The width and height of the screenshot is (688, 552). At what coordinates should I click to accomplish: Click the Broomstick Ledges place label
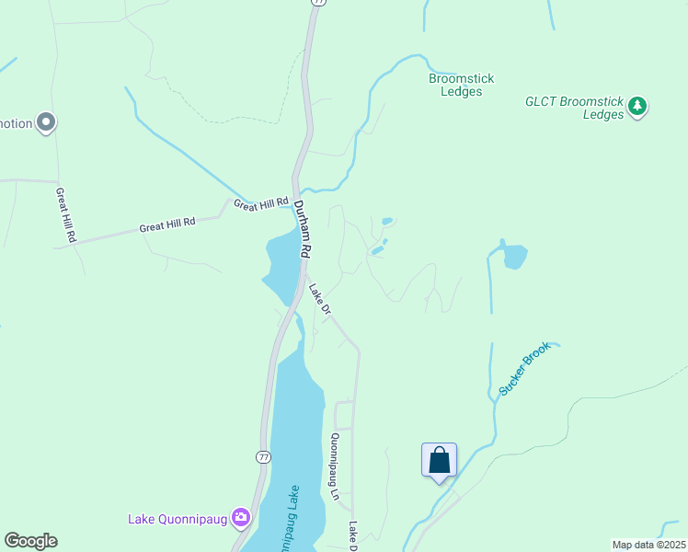[x=461, y=85]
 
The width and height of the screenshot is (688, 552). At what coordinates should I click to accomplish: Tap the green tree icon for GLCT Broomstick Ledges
[x=637, y=108]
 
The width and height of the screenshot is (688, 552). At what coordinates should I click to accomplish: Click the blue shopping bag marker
[x=439, y=460]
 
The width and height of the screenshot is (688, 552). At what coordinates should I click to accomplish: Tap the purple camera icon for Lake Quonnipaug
[x=242, y=518]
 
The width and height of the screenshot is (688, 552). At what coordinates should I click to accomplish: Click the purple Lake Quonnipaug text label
[x=178, y=519]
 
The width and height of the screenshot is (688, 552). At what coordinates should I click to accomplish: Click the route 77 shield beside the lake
[x=264, y=456]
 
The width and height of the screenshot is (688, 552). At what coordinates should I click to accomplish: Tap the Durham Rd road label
[x=304, y=231]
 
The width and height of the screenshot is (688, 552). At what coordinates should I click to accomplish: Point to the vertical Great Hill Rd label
[x=64, y=215]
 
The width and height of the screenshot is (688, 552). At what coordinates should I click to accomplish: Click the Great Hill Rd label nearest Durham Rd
[x=261, y=203]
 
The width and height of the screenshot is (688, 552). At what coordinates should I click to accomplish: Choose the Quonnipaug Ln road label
[x=336, y=466]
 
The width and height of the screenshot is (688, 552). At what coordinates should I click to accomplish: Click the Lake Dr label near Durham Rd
[x=318, y=300]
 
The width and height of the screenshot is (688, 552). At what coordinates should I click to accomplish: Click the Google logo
[x=30, y=541]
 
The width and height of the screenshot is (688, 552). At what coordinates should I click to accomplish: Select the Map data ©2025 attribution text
[x=648, y=545]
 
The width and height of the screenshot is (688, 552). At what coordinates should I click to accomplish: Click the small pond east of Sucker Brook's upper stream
[x=514, y=257]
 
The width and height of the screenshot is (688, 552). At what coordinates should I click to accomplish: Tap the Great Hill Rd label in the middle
[x=167, y=224]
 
